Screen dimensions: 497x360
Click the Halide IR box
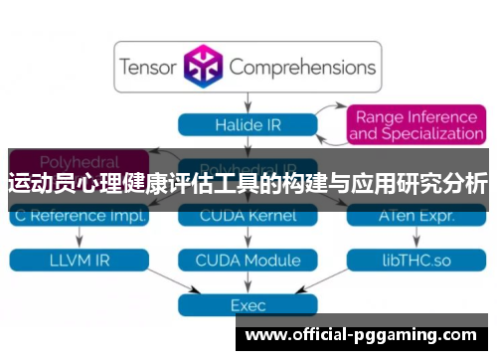coord(248,124)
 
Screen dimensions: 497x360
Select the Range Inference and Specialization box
coord(415,124)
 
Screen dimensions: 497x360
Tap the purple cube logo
coord(204,68)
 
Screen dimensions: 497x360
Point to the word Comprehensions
coord(302,68)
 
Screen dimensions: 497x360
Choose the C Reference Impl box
coord(79,215)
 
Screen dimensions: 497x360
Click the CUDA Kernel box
coord(248,215)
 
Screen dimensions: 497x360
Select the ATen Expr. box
coord(415,215)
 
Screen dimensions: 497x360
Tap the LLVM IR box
coord(79,260)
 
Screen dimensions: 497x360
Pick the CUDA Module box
coord(248,260)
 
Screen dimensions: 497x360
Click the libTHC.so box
coord(415,260)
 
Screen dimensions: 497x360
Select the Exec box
coord(248,305)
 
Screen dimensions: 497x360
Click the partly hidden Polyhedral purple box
coord(79,158)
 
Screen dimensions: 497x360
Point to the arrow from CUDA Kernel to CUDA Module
coord(248,238)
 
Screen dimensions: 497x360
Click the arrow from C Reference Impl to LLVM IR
coord(79,238)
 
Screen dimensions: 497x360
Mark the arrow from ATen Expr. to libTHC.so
coord(415,238)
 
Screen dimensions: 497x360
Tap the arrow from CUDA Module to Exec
coord(248,282)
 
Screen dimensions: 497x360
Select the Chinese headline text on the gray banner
coord(248,183)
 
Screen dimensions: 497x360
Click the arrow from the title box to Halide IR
coord(248,102)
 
